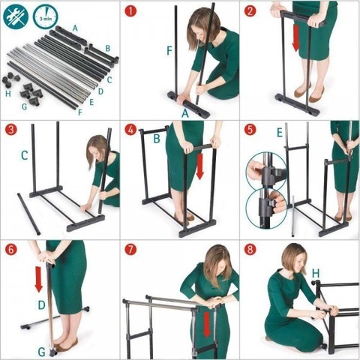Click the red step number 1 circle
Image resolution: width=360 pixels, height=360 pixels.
[131, 11]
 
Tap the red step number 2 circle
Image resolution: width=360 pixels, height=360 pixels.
[250, 11]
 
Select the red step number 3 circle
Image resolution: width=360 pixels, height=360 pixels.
[11, 130]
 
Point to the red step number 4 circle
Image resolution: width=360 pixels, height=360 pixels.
[131, 130]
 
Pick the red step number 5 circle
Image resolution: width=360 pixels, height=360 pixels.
[250, 130]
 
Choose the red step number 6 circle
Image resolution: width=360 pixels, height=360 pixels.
[11, 250]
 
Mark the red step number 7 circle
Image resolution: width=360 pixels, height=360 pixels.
[131, 250]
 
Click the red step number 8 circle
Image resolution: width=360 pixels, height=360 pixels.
[250, 250]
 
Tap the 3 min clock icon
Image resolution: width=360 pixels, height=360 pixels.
[46, 16]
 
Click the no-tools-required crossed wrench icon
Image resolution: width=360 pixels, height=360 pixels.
[16, 16]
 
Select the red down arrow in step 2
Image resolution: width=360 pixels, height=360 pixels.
[295, 37]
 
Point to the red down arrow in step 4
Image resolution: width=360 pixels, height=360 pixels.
[199, 166]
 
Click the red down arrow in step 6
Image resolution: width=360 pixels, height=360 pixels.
[38, 279]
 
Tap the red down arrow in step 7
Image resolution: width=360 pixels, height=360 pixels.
[207, 324]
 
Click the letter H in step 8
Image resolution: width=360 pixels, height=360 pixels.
[316, 274]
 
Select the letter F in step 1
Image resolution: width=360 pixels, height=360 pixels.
[169, 51]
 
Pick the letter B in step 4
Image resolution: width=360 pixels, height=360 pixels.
[157, 138]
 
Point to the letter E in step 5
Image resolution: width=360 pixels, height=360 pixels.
[280, 133]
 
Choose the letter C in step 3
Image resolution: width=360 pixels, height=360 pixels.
[24, 155]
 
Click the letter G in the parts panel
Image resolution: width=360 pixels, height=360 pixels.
[24, 106]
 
